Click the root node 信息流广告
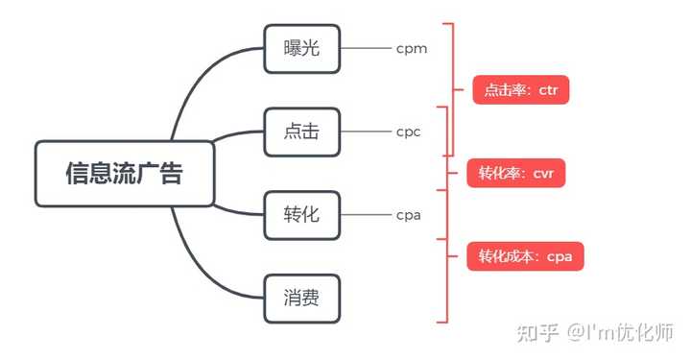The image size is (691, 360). coord(124,174)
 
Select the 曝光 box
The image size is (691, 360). coord(302,47)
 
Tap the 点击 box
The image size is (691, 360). coord(302,132)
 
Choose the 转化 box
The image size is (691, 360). coord(302,214)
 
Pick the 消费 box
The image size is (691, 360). coord(302,298)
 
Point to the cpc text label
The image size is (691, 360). coord(409,132)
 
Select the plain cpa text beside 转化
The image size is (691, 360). coord(409,214)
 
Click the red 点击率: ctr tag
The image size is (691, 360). coord(521,91)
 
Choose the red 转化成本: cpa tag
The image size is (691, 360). coord(526,256)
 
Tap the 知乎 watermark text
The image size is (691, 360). coord(536,332)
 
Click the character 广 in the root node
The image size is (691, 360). coord(146,174)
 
